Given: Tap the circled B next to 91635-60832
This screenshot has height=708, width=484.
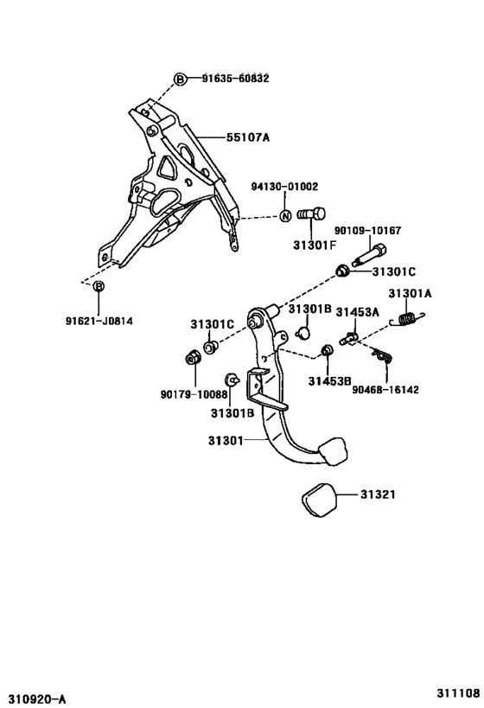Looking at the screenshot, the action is tap(180, 80).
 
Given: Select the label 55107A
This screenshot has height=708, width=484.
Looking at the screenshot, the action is tap(248, 137).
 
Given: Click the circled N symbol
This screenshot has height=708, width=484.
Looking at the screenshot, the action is tap(285, 216).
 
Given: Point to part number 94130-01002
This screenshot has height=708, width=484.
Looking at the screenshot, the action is tap(285, 187).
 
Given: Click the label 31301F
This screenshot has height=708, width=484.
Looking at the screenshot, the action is tap(315, 246).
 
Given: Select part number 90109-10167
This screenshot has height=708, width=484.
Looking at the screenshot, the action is tap(367, 231).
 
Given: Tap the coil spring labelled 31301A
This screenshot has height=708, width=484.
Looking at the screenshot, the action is tap(408, 318).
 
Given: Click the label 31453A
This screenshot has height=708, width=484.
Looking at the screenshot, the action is tap(358, 312).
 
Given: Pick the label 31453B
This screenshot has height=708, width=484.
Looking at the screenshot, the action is tap(329, 381).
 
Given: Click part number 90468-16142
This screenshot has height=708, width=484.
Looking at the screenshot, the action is tap(385, 389).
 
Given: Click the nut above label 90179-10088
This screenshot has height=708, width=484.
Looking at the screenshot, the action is tap(194, 359).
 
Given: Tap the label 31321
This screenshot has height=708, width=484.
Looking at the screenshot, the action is tap(378, 494).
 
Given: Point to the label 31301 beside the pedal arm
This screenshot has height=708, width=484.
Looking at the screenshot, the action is tap(226, 440).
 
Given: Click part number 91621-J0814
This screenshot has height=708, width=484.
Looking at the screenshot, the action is tap(99, 322).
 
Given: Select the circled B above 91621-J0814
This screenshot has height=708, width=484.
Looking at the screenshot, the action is tap(99, 286).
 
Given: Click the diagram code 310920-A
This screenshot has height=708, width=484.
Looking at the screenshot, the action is tap(34, 700).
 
